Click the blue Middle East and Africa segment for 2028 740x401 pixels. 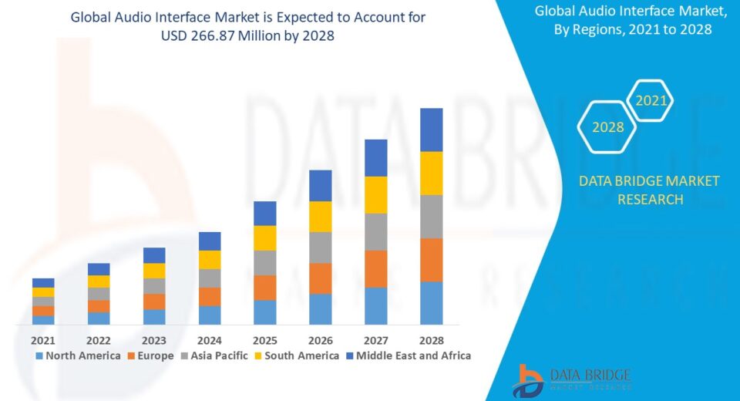[x=431, y=130]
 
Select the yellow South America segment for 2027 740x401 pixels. [x=375, y=194]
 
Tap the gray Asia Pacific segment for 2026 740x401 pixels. [x=320, y=248]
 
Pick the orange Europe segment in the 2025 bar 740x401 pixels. [x=264, y=288]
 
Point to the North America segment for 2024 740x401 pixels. [x=210, y=315]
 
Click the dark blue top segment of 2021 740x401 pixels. [x=43, y=283]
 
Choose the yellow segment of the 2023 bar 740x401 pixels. [x=154, y=271]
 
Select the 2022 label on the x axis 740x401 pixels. [x=99, y=340]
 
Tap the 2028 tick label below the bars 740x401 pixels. [x=431, y=340]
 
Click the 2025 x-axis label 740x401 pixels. [x=264, y=340]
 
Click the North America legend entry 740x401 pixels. [x=78, y=356]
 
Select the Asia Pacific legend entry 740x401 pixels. [x=215, y=356]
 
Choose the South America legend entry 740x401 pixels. [x=297, y=356]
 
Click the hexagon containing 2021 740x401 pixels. [x=650, y=101]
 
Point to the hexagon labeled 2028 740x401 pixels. [x=607, y=127]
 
